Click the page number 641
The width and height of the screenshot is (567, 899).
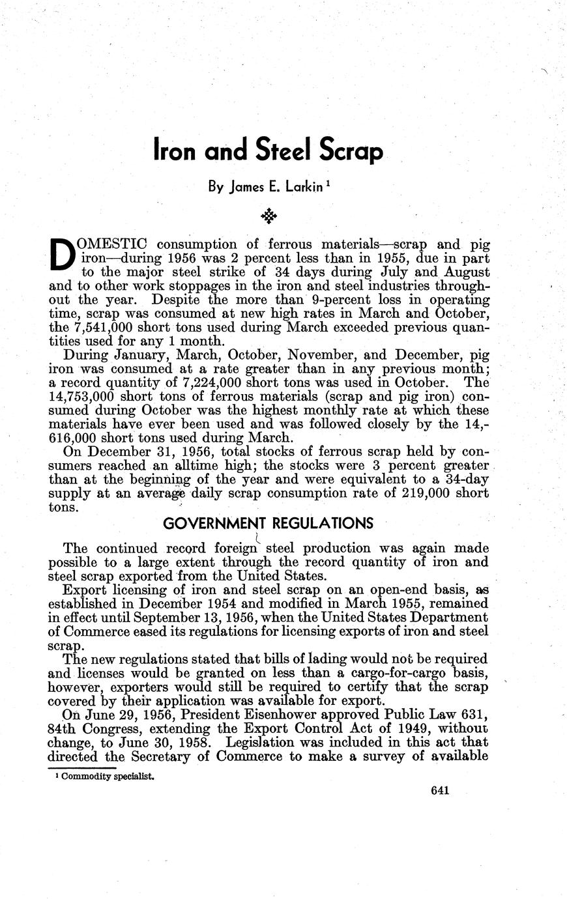[441, 792]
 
